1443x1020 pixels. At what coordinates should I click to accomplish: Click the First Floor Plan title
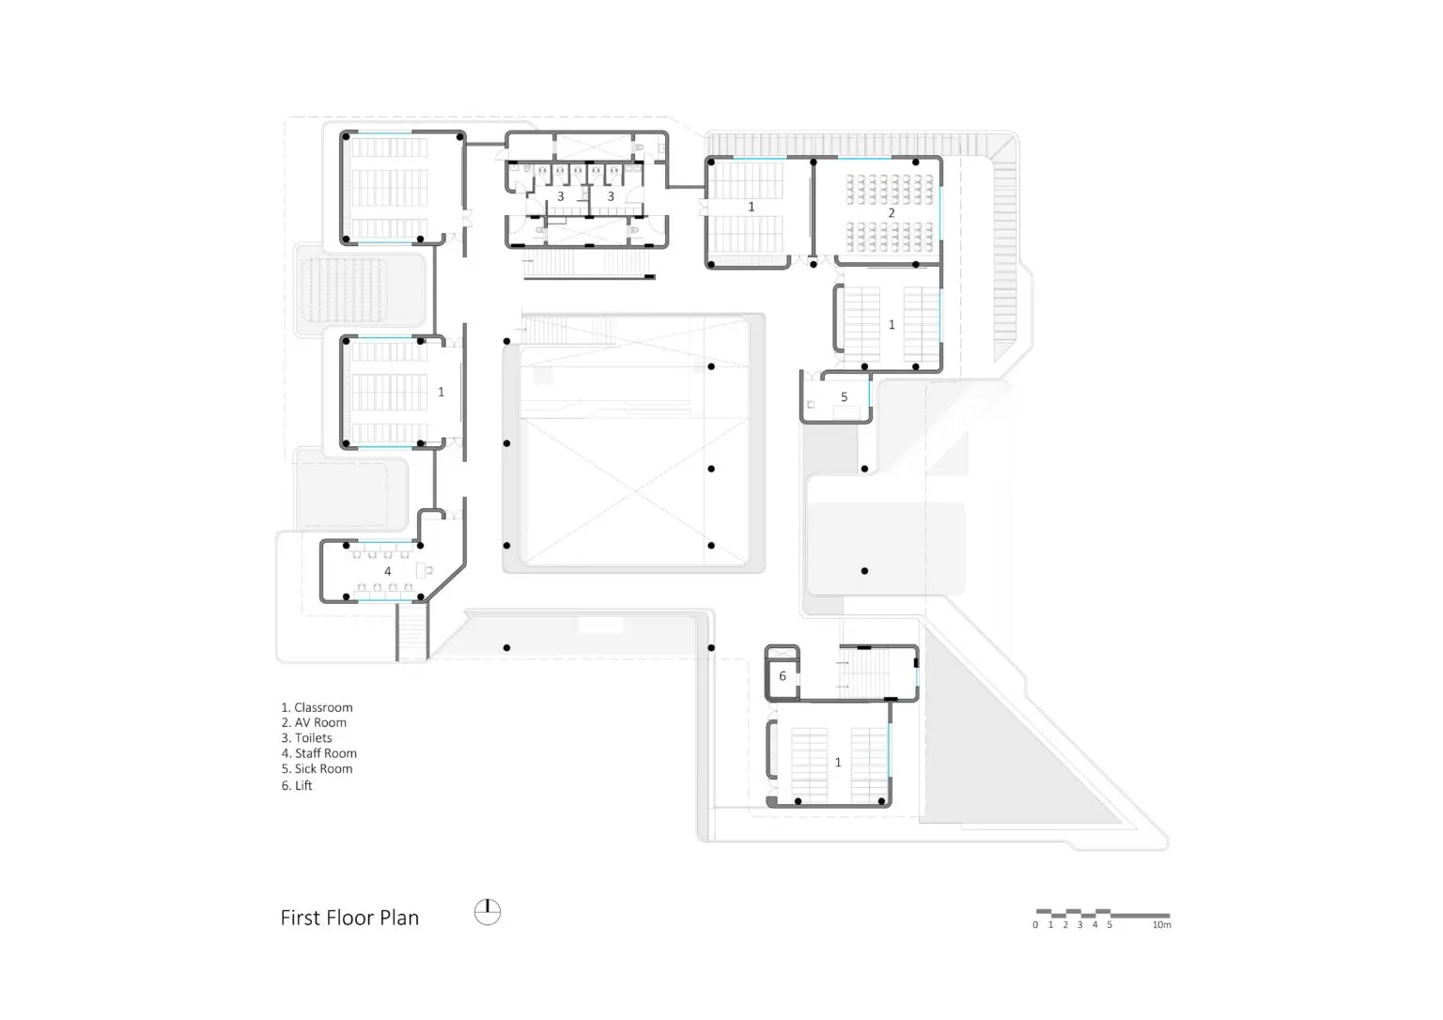point(349,918)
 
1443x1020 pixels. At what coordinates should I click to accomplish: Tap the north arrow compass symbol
point(488,912)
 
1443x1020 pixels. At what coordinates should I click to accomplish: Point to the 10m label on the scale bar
point(1161,925)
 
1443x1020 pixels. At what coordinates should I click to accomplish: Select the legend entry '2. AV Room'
point(314,722)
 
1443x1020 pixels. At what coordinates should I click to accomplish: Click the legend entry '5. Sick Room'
point(317,769)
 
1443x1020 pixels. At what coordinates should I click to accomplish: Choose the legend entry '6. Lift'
point(296,785)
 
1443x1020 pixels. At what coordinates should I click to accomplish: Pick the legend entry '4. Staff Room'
point(318,753)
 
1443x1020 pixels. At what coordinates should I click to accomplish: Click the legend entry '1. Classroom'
point(317,707)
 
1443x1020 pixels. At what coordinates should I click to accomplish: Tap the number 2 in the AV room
point(892,212)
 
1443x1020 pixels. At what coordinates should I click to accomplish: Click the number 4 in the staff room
point(387,571)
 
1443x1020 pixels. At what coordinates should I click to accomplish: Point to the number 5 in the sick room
point(844,397)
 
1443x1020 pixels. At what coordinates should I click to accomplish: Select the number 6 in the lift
point(782,676)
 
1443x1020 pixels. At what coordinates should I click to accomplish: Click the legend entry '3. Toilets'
point(306,738)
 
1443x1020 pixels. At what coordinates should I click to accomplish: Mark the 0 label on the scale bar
point(1035,925)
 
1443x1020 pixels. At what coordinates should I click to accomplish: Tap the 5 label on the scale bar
point(1109,925)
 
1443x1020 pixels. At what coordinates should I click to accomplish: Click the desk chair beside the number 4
point(425,570)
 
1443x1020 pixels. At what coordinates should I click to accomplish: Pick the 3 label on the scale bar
point(1079,925)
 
